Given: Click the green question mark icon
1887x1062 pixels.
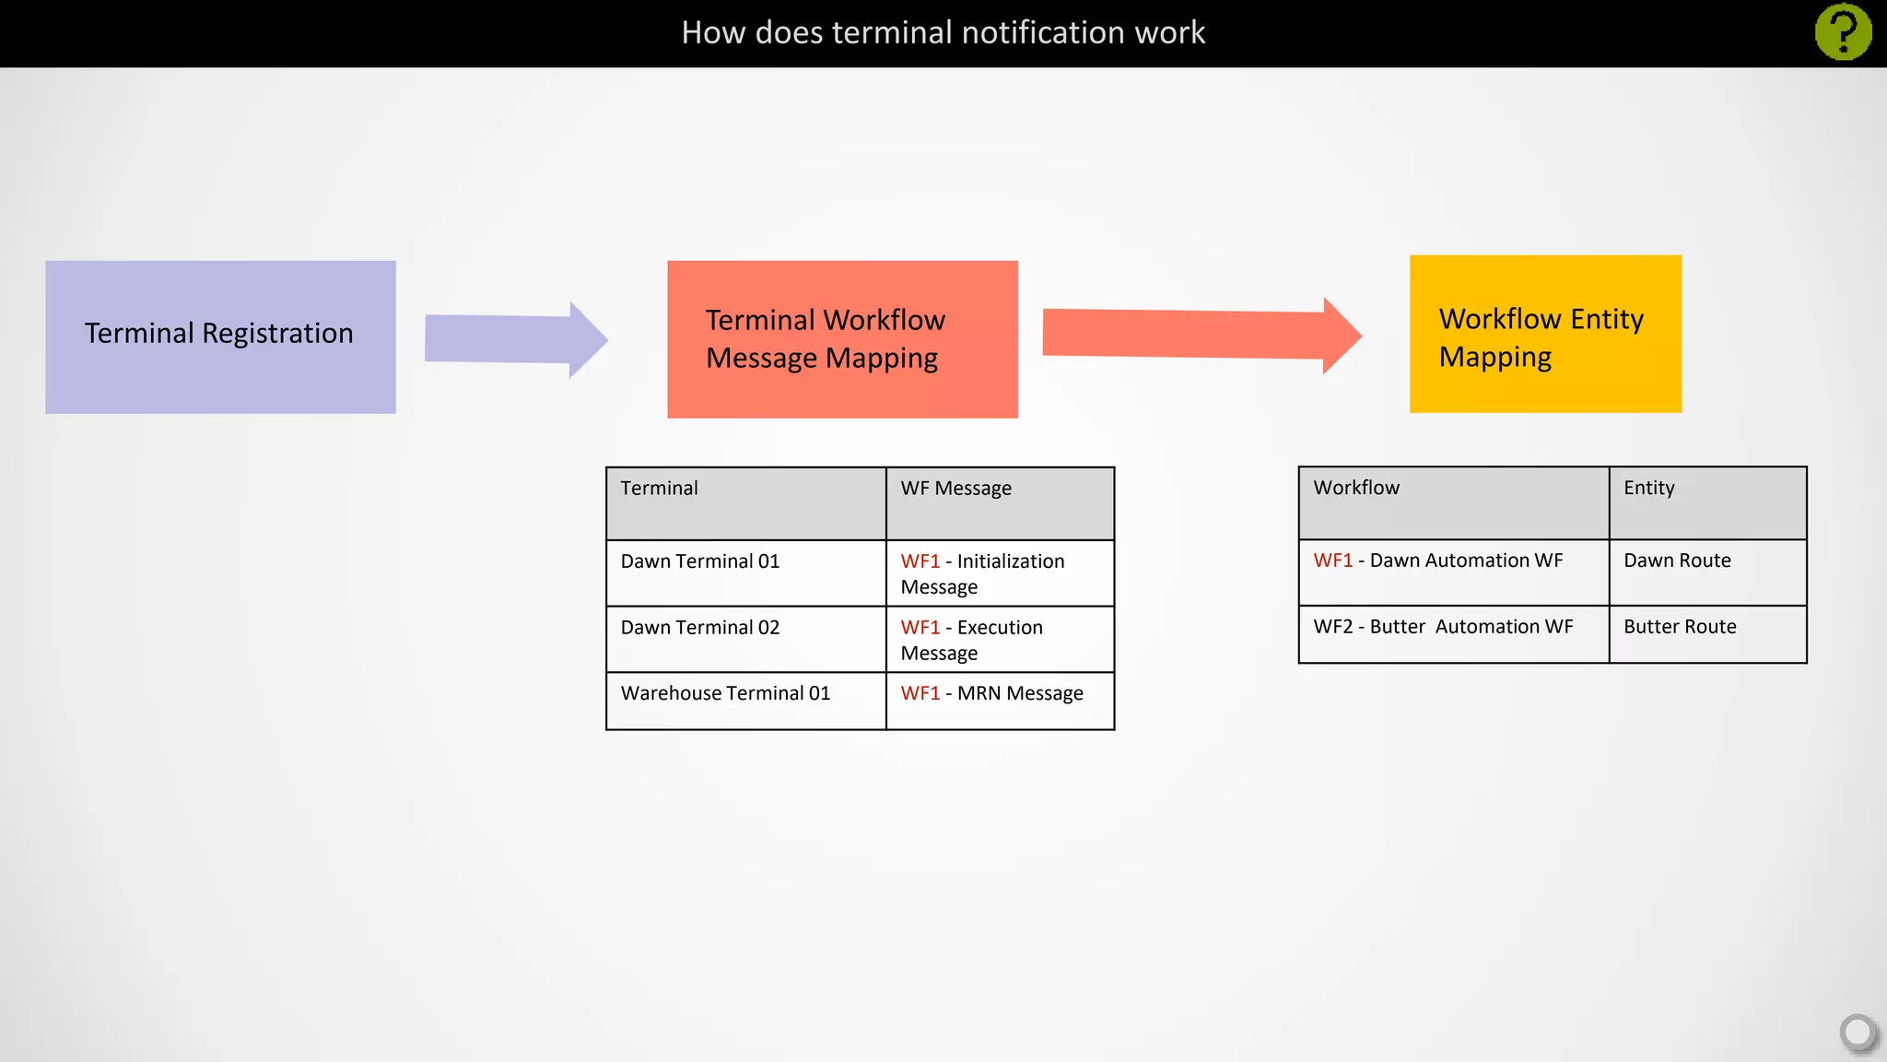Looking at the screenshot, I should pyautogui.click(x=1843, y=32).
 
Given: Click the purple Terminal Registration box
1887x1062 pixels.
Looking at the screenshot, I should pyautogui.click(x=220, y=336).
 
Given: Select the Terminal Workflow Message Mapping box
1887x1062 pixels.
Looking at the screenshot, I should pyautogui.click(x=842, y=339).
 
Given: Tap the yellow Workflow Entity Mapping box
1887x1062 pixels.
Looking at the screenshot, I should pyautogui.click(x=1545, y=334).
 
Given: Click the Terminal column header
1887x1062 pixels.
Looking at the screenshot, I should pyautogui.click(x=744, y=502).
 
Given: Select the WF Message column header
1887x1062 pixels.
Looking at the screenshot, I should pyautogui.click(x=1000, y=502).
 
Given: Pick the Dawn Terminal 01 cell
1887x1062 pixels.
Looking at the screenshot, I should pyautogui.click(x=744, y=572).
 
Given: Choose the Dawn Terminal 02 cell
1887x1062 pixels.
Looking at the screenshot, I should pyautogui.click(x=744, y=639).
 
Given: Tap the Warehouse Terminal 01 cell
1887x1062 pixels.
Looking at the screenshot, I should pyautogui.click(x=744, y=701).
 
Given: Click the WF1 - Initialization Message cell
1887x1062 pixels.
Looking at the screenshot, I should pyautogui.click(x=1000, y=573).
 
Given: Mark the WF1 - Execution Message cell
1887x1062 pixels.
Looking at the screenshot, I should pyautogui.click(x=1000, y=640).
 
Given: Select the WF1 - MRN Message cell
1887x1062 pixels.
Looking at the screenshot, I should pyautogui.click(x=1000, y=701).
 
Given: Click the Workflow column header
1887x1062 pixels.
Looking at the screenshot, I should pyautogui.click(x=1453, y=502).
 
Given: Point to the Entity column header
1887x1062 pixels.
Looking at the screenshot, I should pyautogui.click(x=1707, y=502).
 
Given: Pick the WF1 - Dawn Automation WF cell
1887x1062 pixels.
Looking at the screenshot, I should pyautogui.click(x=1453, y=572).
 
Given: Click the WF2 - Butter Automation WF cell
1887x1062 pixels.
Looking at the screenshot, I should pyautogui.click(x=1453, y=633).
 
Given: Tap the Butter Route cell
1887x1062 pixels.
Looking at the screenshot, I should pyautogui.click(x=1707, y=633).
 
